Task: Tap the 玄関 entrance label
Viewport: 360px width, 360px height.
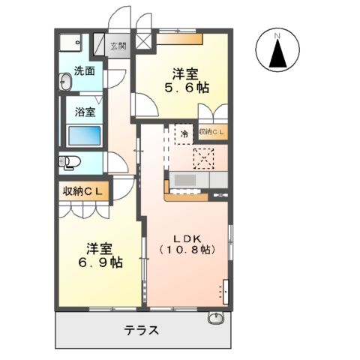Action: pos(118,46)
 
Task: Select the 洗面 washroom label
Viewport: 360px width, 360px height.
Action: pos(84,72)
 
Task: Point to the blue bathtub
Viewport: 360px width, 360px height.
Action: pos(85,136)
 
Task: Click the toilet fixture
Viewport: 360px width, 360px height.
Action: pos(69,162)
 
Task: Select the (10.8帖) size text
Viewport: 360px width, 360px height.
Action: pos(186,248)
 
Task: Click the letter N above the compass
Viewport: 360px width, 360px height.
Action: pos(277,34)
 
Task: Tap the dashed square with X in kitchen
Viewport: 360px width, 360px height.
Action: pos(203,157)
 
